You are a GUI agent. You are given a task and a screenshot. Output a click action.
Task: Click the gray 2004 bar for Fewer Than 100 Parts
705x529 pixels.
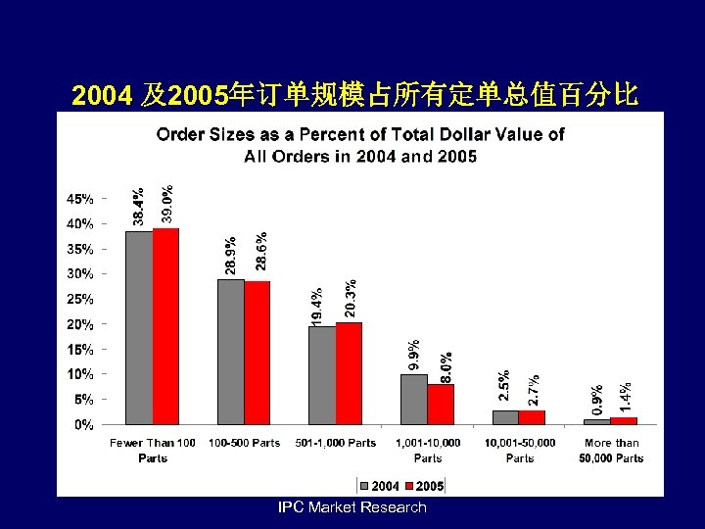pyautogui.click(x=139, y=328)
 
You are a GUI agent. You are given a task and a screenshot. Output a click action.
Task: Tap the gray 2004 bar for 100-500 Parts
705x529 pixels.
pyautogui.click(x=230, y=353)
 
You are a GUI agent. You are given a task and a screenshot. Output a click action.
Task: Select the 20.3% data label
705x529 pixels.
pyautogui.click(x=350, y=298)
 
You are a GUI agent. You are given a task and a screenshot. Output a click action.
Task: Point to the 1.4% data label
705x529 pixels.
pyautogui.click(x=625, y=396)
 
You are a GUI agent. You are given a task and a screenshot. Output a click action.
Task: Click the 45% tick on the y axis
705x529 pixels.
pyautogui.click(x=80, y=198)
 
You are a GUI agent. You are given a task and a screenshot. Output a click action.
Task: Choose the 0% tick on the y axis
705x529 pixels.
pyautogui.click(x=86, y=425)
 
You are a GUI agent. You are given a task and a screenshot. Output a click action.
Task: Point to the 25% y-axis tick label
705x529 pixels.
pyautogui.click(x=80, y=299)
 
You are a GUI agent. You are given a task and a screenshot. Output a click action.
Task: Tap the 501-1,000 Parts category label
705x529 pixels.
pyautogui.click(x=336, y=443)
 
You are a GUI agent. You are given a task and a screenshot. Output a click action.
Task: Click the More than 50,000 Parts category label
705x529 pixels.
pyautogui.click(x=611, y=451)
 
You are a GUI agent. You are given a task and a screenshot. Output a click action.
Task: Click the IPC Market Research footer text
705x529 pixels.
pyautogui.click(x=352, y=507)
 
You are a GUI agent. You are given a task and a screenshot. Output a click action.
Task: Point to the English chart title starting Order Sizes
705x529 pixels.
pyautogui.click(x=360, y=145)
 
